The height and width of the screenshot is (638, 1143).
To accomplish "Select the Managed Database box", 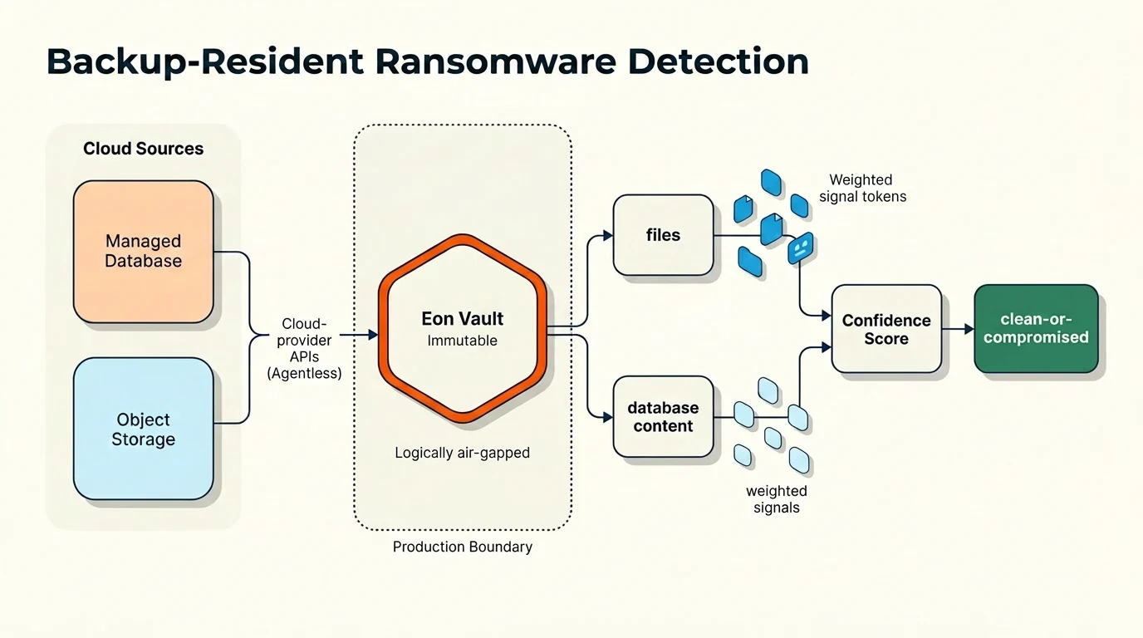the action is (144, 251).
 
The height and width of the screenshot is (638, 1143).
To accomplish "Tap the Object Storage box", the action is (144, 429).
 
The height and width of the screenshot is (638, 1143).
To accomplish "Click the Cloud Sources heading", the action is (144, 149).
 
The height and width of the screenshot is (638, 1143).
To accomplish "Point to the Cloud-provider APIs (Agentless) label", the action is (304, 349).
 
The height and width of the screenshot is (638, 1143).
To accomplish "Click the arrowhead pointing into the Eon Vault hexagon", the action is (374, 335).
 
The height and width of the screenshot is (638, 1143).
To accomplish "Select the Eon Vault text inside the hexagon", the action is (463, 318).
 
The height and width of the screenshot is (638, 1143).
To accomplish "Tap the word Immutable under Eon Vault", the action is (463, 341).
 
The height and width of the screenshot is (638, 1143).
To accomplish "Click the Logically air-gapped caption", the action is (463, 453).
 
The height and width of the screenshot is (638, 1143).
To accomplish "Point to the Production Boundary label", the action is (463, 547).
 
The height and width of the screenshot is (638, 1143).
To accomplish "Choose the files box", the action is (663, 235).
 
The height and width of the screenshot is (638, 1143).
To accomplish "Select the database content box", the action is (663, 416).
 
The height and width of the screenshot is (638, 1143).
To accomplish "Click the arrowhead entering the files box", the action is (608, 235).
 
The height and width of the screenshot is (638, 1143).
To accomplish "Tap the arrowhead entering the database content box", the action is (608, 417).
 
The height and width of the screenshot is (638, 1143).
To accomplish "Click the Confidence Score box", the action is (886, 329).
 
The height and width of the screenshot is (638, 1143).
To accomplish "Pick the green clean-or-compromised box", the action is (1036, 328).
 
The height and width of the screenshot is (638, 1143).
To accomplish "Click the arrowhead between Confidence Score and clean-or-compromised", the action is (969, 329).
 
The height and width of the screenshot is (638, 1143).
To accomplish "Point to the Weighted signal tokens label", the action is (862, 188).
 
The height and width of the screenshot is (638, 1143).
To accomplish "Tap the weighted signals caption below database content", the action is (776, 499).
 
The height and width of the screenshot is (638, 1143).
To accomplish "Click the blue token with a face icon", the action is (800, 248).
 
